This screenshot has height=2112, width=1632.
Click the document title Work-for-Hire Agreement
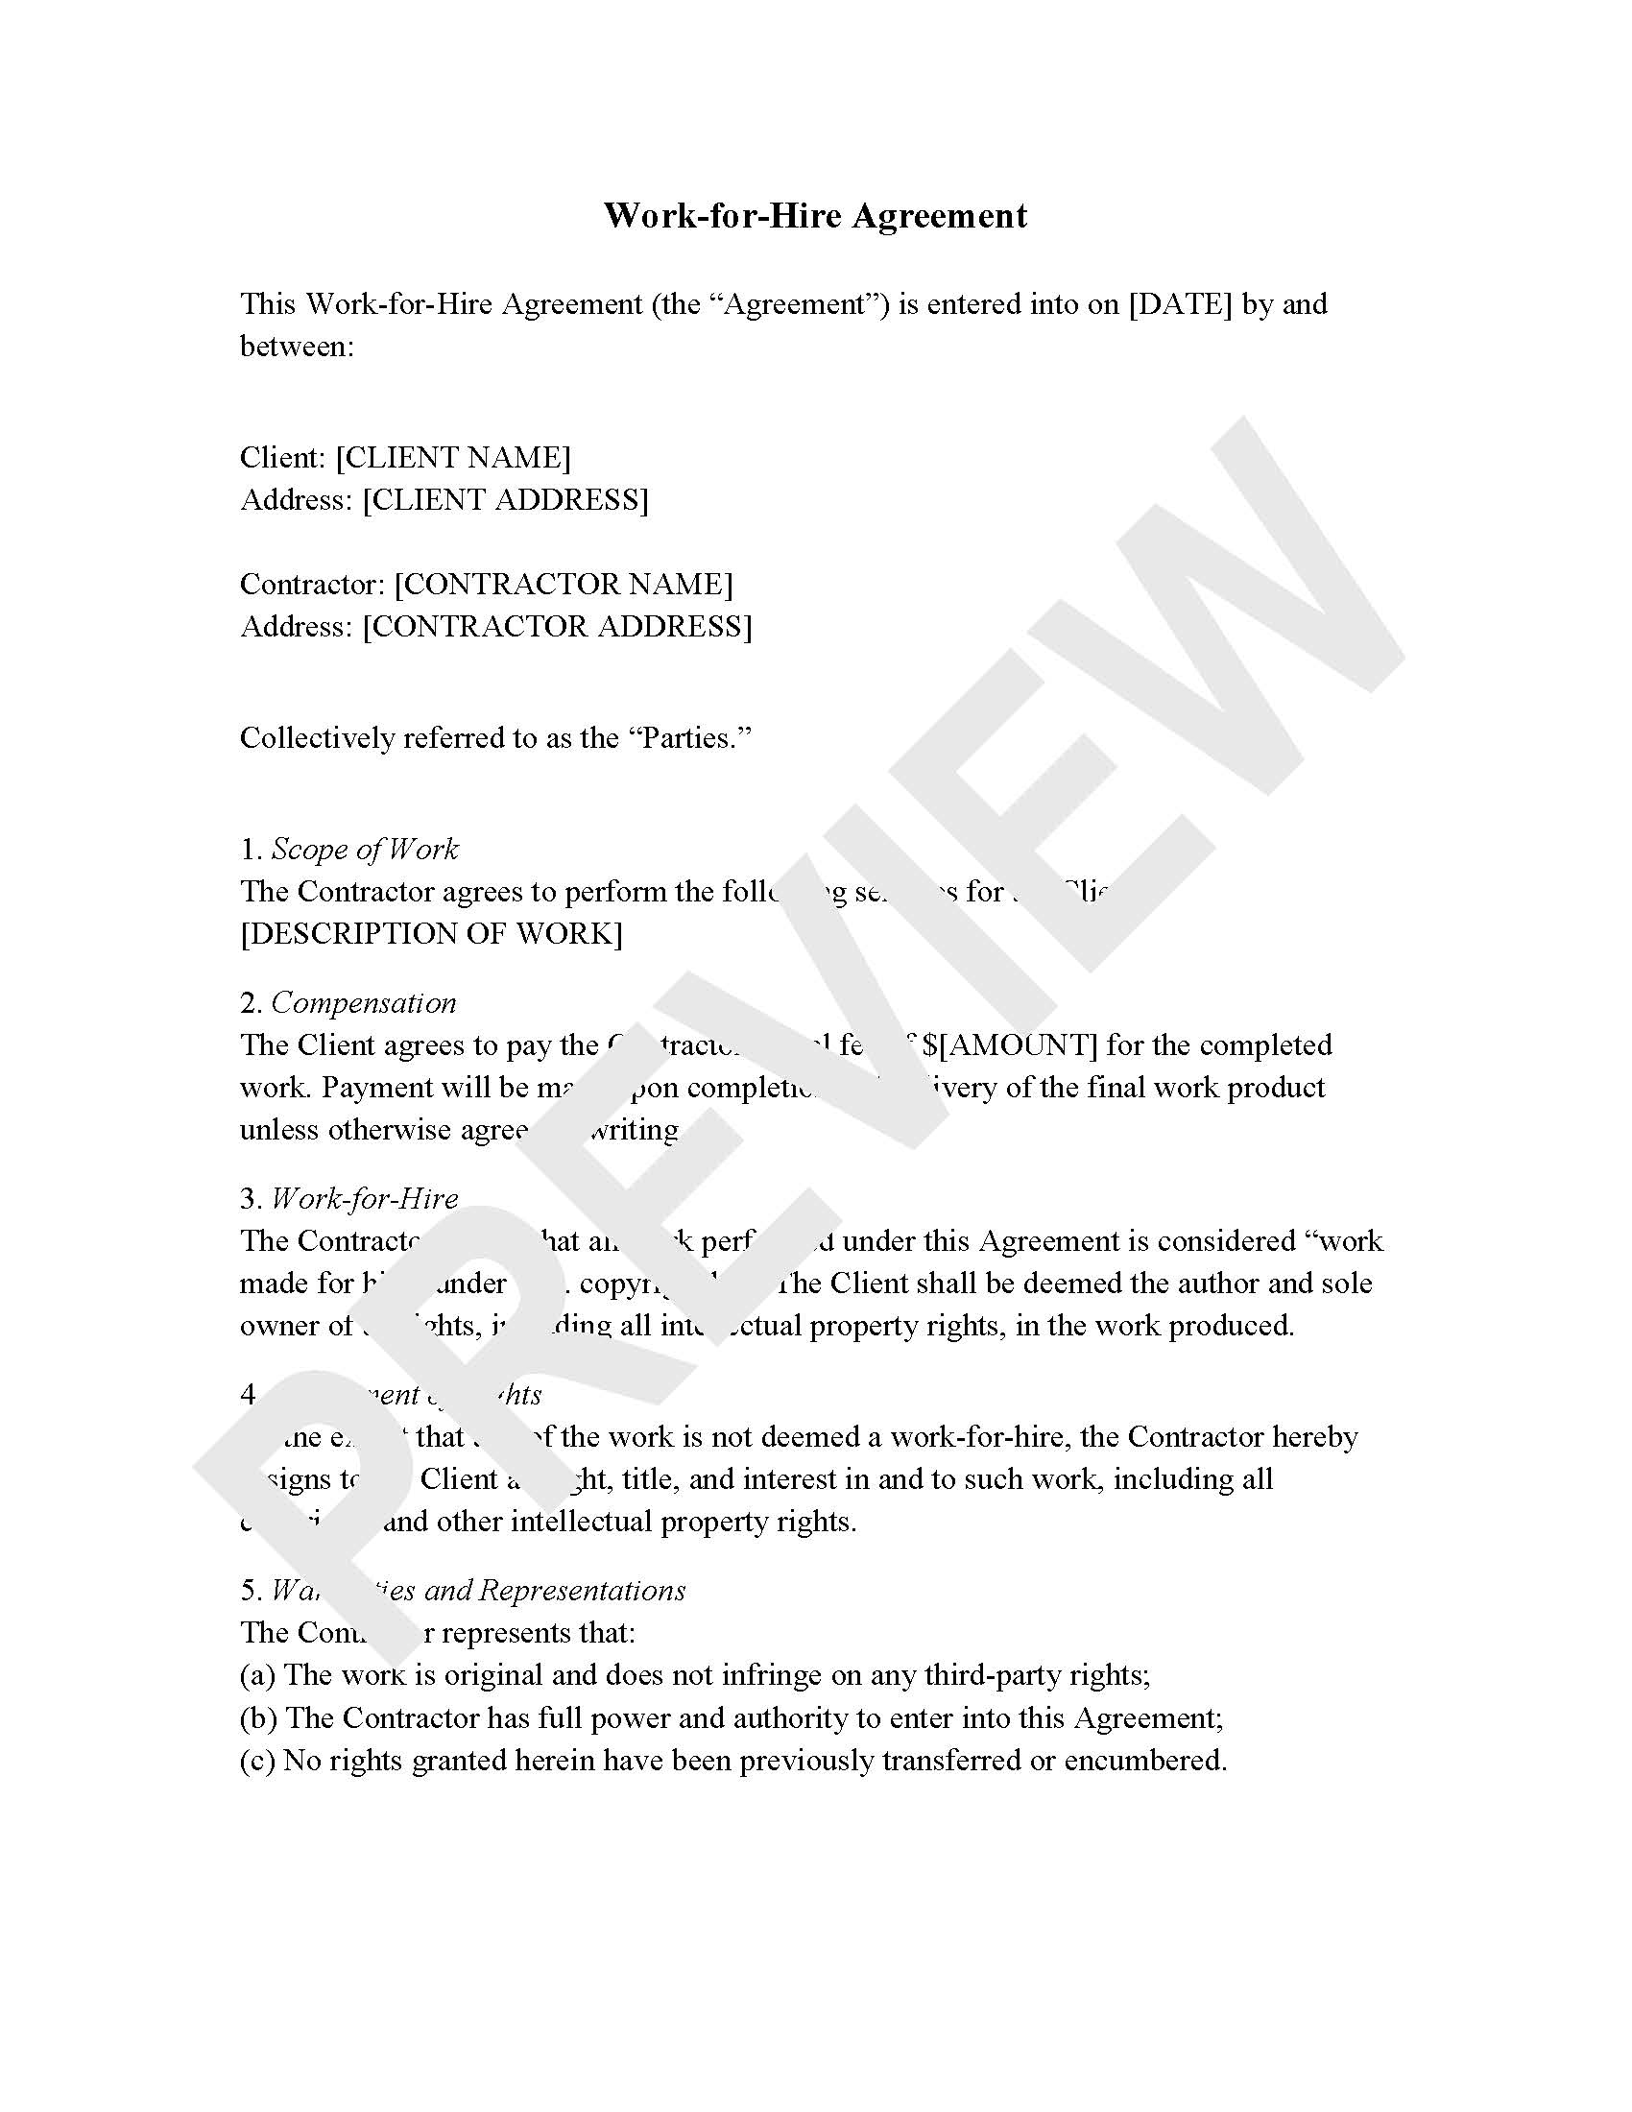tap(815, 216)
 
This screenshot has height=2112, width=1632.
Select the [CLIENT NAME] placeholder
tap(453, 457)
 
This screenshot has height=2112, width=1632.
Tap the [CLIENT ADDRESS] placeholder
tap(506, 500)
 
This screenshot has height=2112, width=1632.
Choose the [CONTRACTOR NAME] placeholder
tap(564, 584)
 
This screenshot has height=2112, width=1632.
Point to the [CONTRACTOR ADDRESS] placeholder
tap(557, 627)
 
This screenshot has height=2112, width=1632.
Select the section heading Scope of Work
tap(365, 849)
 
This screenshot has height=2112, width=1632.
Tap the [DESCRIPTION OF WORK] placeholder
tap(431, 934)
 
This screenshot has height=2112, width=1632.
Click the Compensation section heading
tap(364, 1003)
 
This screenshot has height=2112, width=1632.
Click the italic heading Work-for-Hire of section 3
tap(365, 1199)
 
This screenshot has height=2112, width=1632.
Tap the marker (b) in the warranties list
tap(258, 1718)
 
